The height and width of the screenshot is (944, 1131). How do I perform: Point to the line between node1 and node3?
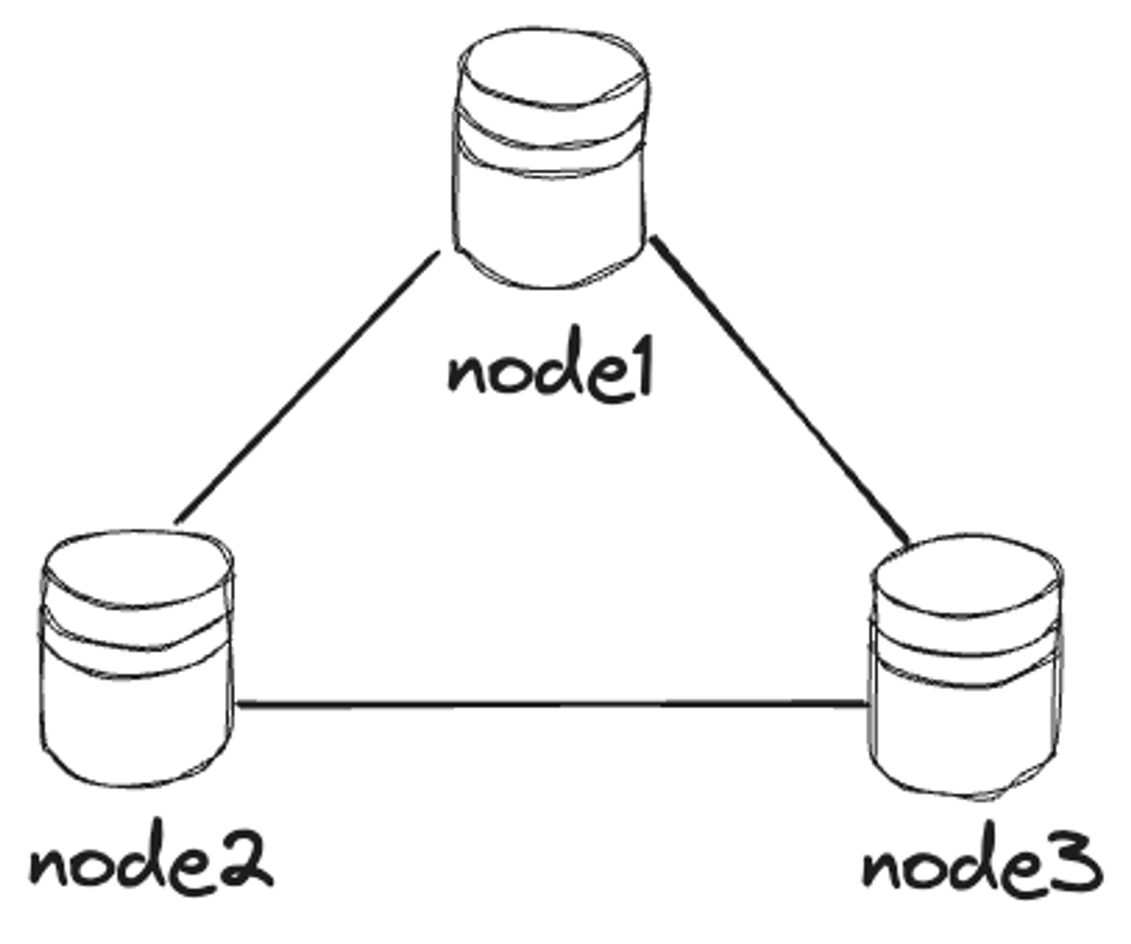(x=780, y=390)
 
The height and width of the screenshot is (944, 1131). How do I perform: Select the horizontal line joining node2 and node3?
(x=551, y=704)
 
